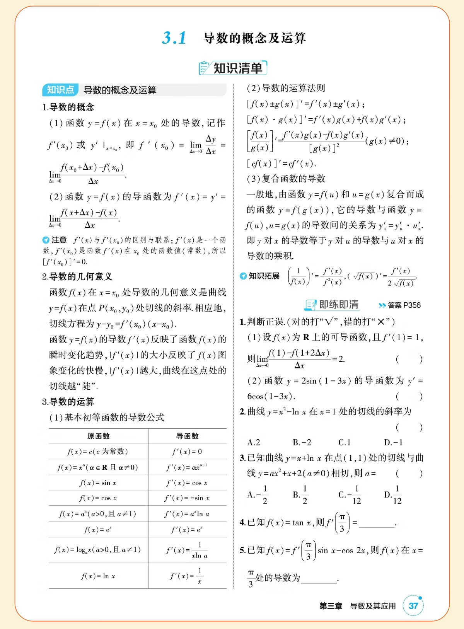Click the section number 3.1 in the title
[x=174, y=38]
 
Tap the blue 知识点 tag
[x=60, y=90]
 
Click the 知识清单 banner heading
[x=237, y=68]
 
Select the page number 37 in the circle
[x=413, y=605]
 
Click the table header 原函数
[x=99, y=436]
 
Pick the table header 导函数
[x=188, y=436]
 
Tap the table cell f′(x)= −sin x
[x=187, y=498]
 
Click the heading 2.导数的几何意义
[x=77, y=277]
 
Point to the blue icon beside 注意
[x=46, y=240]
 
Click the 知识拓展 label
[x=264, y=276]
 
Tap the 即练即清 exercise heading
[x=338, y=305]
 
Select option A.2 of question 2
[x=254, y=442]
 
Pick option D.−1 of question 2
[x=393, y=442]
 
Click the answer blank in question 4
[x=376, y=524]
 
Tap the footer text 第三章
[x=331, y=606]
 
